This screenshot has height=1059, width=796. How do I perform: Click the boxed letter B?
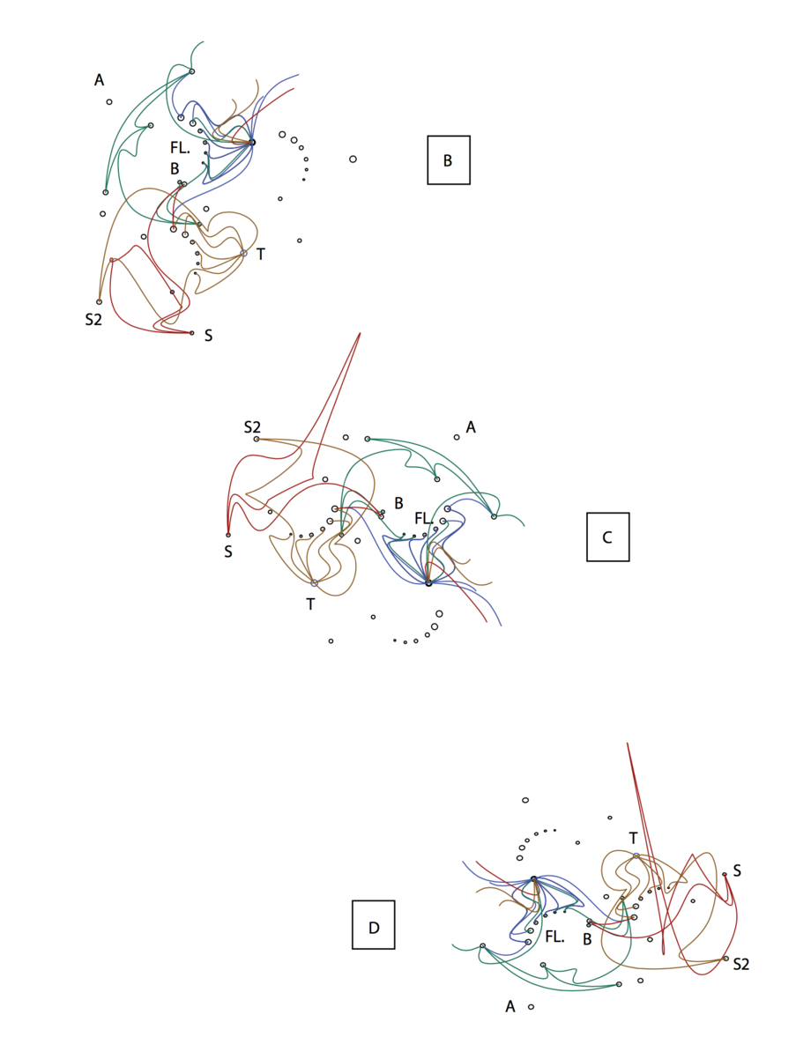coord(448,160)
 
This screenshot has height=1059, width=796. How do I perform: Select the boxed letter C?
coord(607,537)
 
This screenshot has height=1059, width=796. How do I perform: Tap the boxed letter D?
coord(374,928)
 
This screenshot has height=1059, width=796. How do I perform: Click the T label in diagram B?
coord(261,255)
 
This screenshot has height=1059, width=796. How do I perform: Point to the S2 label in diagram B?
coord(93,320)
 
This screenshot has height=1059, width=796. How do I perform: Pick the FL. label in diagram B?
coord(180,148)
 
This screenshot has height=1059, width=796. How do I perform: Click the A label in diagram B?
coord(99,80)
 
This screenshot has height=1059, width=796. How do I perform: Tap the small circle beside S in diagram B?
coord(191,333)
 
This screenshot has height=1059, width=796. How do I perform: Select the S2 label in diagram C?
coord(252,427)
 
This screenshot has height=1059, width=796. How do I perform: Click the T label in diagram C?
coord(310,604)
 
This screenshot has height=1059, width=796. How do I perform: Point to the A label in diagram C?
coord(471,427)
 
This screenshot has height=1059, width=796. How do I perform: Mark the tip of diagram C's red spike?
coord(361,333)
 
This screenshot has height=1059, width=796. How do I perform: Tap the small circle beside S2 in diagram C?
coord(257,439)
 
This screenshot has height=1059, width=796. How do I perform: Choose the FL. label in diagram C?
coord(424,519)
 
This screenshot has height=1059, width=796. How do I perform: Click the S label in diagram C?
coord(228,552)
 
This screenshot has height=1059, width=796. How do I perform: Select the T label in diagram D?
coord(633,839)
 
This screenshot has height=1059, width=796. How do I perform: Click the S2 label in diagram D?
coord(741,965)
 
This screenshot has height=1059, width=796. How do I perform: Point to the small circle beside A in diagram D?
coord(531,1007)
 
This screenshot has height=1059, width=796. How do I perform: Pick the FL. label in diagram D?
coord(554,937)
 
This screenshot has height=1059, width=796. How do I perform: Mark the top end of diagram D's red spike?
coord(627,744)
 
